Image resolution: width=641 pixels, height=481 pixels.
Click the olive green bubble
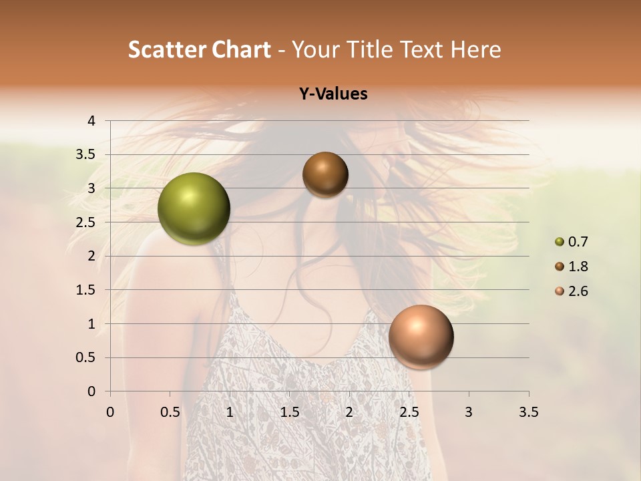tap(194, 208)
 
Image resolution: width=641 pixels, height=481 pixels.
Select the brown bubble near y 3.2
tap(325, 174)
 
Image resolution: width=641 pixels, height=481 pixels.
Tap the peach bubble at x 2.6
tap(421, 337)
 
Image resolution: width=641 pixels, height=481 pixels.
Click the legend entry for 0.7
tap(572, 242)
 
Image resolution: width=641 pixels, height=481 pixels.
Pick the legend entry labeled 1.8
tap(572, 267)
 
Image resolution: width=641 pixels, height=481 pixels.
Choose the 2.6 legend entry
tap(572, 291)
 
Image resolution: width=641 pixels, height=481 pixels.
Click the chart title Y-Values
tap(333, 94)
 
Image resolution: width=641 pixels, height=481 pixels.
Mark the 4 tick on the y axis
tap(91, 121)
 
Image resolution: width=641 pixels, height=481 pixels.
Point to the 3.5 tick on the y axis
tap(85, 155)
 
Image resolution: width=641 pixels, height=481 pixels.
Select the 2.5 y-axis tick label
tap(85, 222)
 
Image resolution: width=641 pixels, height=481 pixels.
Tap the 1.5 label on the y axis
tap(85, 290)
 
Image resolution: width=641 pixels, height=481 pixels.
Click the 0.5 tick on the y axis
tap(85, 358)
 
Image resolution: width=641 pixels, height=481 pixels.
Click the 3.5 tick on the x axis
tap(528, 412)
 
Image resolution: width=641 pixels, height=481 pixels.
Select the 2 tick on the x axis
tap(349, 412)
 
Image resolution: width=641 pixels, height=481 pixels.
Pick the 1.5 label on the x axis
tap(289, 412)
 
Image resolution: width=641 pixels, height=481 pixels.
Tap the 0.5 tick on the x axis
tap(170, 412)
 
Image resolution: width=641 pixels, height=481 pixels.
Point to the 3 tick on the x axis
tap(469, 412)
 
